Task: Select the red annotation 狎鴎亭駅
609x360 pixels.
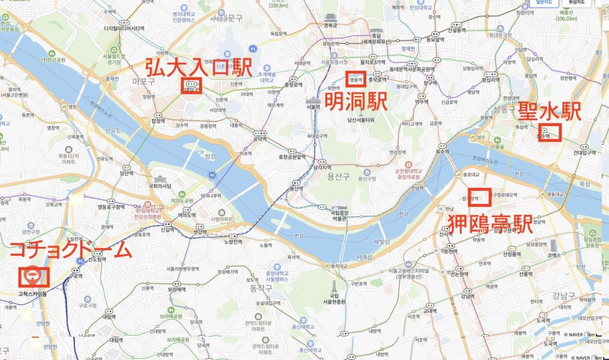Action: coord(490,224)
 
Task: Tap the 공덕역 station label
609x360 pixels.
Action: coord(260,139)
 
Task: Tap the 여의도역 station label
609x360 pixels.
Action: coord(187,215)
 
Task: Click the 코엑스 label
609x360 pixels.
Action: coord(561,254)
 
